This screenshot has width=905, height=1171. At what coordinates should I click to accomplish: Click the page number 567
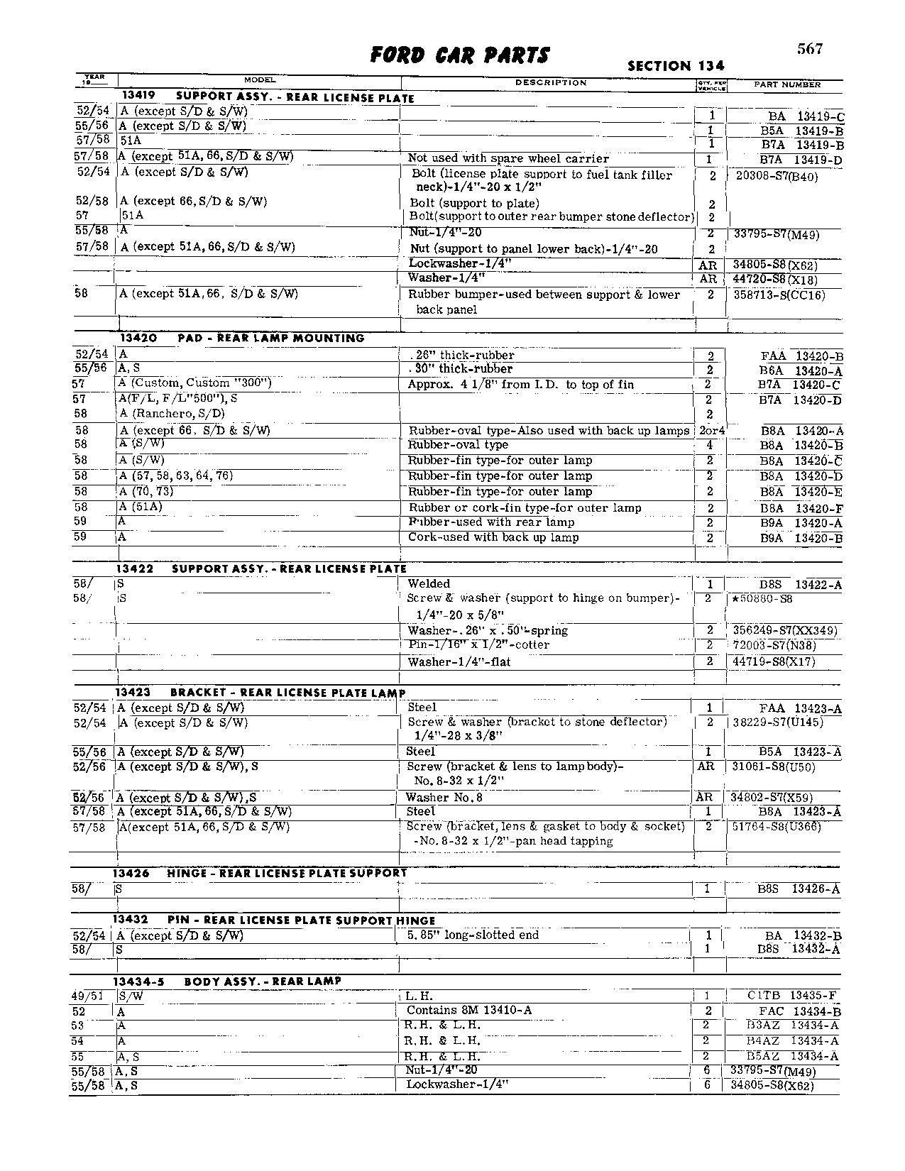tap(809, 48)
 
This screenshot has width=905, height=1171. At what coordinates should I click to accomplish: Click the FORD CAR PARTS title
tap(460, 55)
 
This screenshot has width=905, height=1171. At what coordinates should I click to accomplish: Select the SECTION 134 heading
tap(676, 66)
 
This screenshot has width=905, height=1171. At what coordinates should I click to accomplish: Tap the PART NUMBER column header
tap(786, 84)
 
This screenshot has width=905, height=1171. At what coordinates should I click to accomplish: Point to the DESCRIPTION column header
tap(551, 83)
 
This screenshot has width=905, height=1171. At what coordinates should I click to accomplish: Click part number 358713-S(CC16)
tap(779, 295)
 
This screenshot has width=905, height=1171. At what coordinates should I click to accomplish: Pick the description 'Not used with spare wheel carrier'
tap(508, 158)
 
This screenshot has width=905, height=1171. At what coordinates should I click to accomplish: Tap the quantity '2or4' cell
tap(710, 431)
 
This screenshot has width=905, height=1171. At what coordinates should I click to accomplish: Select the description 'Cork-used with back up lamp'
tap(493, 537)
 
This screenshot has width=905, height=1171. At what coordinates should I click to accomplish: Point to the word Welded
tap(429, 583)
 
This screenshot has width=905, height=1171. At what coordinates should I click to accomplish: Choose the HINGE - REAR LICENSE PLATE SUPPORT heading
tap(287, 873)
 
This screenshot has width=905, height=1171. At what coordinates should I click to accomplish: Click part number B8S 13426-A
tap(799, 889)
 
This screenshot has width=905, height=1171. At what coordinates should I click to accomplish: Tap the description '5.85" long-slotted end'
tap(473, 935)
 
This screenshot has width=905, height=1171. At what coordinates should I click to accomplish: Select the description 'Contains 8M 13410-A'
tap(469, 1010)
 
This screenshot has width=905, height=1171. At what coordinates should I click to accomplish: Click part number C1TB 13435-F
tap(795, 996)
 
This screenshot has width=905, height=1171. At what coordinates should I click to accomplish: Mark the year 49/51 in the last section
tap(88, 996)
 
